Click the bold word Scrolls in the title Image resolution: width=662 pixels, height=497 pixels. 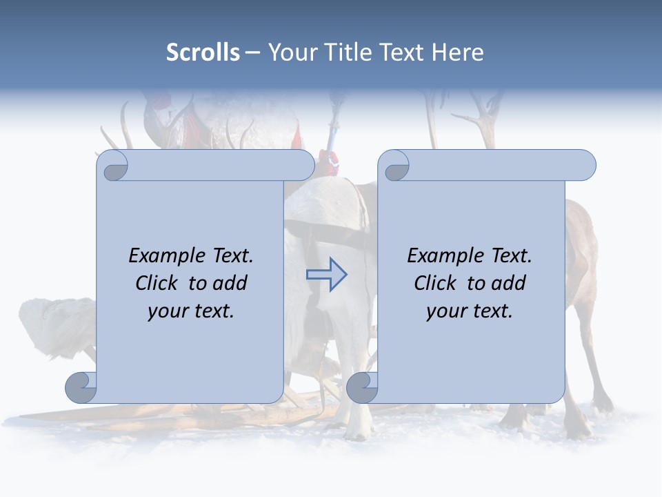(203, 52)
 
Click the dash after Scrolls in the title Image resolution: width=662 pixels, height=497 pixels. (253, 53)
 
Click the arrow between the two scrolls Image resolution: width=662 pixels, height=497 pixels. (326, 274)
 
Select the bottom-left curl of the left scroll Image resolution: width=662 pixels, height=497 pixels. (81, 387)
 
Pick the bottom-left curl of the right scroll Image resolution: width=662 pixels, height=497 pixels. (362, 387)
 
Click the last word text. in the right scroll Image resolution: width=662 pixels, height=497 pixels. (492, 311)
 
